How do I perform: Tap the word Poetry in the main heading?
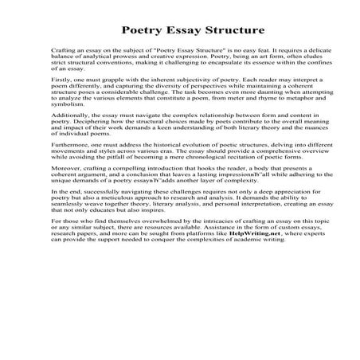pyautogui.click(x=143, y=31)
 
